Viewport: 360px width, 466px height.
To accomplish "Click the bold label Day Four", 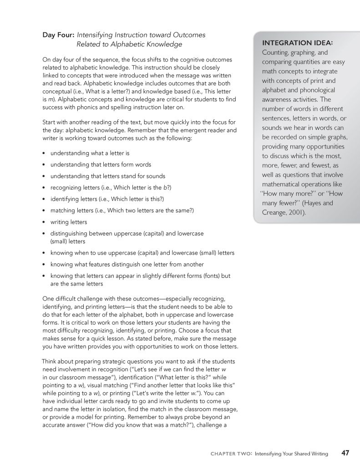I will coord(58,35).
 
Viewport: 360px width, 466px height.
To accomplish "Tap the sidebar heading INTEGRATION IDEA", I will coord(298,43).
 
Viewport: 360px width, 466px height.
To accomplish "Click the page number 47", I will coord(345,453).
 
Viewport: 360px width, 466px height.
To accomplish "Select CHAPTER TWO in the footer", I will coord(230,454).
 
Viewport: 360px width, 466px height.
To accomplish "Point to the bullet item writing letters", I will coord(68,222).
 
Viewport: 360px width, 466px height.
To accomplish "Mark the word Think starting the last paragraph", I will coord(50,361).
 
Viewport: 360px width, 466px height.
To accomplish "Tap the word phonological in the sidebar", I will coord(315,90).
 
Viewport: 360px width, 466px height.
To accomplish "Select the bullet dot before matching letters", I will coord(43,211).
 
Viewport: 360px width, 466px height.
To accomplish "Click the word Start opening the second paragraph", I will coord(50,122).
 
